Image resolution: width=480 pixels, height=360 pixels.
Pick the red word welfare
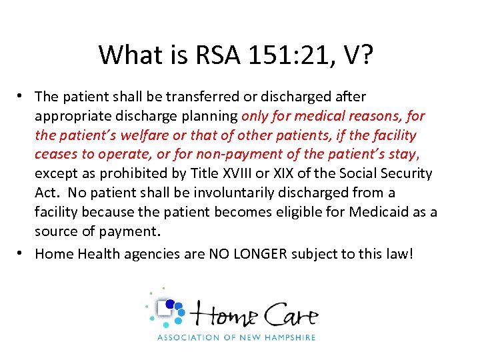click(x=149, y=135)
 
